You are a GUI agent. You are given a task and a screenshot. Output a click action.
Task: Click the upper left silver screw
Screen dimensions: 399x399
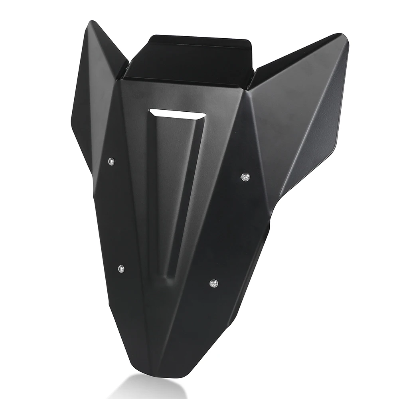[x=112, y=161]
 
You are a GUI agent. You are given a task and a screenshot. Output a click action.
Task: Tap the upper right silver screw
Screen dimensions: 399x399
[x=245, y=176]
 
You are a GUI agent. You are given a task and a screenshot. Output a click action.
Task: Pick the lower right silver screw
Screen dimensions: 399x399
[x=213, y=283]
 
